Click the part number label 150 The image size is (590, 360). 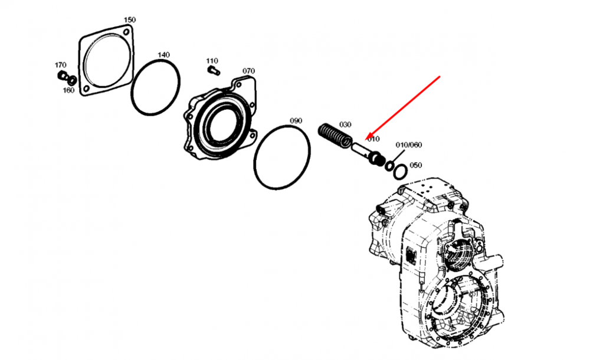click(130, 20)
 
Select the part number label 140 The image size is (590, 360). click(163, 55)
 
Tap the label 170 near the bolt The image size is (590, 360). click(60, 65)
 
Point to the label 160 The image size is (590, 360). click(68, 90)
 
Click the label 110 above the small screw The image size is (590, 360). click(212, 61)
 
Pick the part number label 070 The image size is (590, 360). click(248, 71)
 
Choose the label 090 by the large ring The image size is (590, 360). click(296, 121)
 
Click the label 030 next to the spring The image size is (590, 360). click(345, 125)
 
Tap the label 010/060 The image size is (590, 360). click(409, 145)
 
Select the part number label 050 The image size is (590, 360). click(416, 165)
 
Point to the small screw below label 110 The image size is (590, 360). click(214, 70)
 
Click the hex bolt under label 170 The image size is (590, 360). click(62, 75)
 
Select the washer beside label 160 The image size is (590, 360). click(72, 80)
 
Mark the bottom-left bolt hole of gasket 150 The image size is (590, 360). click(87, 89)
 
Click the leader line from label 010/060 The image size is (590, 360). click(398, 156)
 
